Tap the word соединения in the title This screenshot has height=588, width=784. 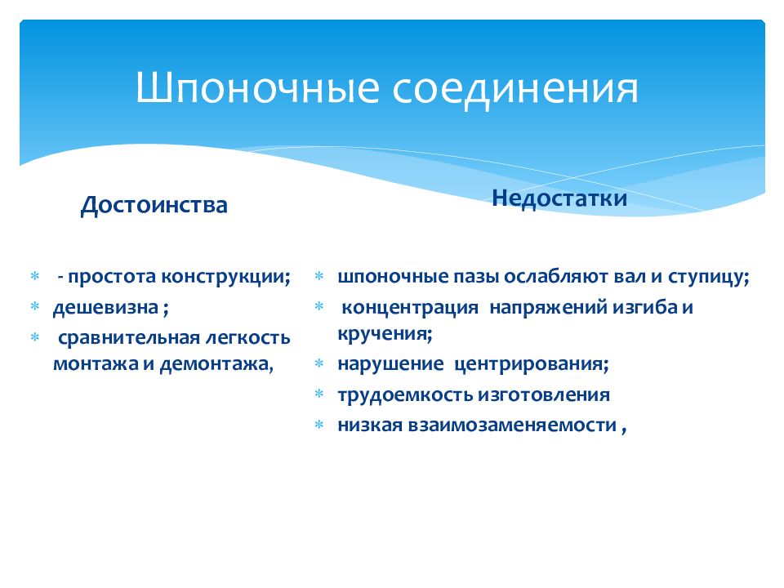tap(515, 91)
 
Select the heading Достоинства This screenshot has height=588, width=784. tap(154, 205)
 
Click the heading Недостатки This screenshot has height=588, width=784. tap(559, 198)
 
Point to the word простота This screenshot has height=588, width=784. tap(112, 277)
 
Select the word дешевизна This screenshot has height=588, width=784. tap(106, 308)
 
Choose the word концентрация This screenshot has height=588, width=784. tap(410, 308)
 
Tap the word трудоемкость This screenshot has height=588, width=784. tap(406, 395)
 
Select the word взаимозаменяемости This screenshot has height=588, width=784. tap(513, 425)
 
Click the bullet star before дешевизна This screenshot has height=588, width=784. tap(35, 306)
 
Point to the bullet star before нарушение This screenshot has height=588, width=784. tap(319, 363)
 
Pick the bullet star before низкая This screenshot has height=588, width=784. tap(319, 425)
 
